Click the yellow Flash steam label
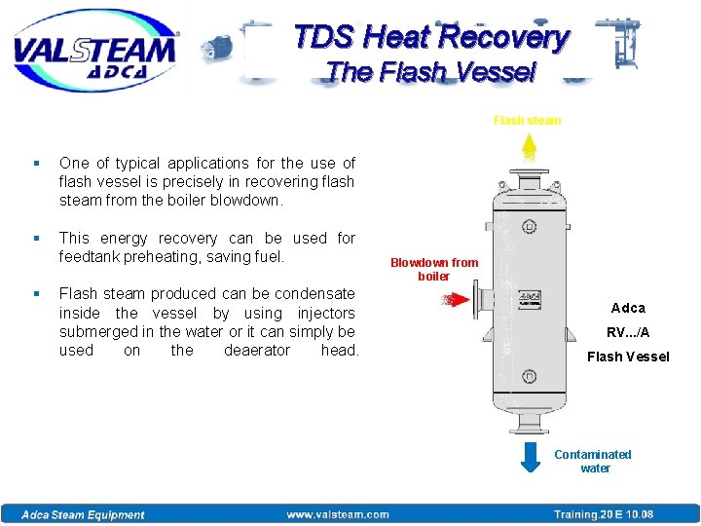[527, 121]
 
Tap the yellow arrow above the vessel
[530, 149]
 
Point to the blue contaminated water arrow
[531, 457]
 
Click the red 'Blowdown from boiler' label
[434, 269]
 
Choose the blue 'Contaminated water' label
[593, 461]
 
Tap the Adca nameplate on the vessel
[530, 297]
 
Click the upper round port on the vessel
[529, 227]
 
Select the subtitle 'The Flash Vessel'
[431, 72]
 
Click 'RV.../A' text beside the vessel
[628, 332]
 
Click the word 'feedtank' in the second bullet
[90, 257]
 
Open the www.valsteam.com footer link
[338, 514]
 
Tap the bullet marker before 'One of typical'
[36, 164]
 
